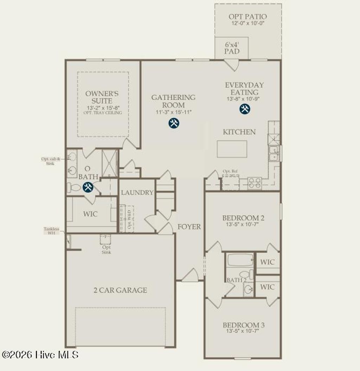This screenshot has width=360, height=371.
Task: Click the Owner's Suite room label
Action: pos(102,97)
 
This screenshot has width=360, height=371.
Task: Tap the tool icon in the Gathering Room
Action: pos(174,123)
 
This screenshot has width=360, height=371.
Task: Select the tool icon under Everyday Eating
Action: pos(245,109)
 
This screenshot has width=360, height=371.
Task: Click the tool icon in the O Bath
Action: pos(88,187)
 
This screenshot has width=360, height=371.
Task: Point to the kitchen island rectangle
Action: pos(232,149)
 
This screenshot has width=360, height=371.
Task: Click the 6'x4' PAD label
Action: pos(232,48)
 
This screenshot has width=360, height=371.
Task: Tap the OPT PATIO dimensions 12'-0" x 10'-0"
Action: pos(247,23)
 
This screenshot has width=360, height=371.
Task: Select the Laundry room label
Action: pos(137,193)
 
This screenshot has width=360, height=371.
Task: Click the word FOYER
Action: pos(189,227)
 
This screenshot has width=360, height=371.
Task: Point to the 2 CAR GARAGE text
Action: pos(120,290)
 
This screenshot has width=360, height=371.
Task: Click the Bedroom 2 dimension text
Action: pos(243,224)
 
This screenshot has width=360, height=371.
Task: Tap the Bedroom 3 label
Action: pos(244,325)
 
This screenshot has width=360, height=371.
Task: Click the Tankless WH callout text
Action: pos(51,230)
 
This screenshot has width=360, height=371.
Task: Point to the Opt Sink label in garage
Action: pos(106,250)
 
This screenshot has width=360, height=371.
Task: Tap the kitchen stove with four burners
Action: pos(255,183)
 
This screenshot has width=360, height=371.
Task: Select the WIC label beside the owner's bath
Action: pos(90,214)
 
